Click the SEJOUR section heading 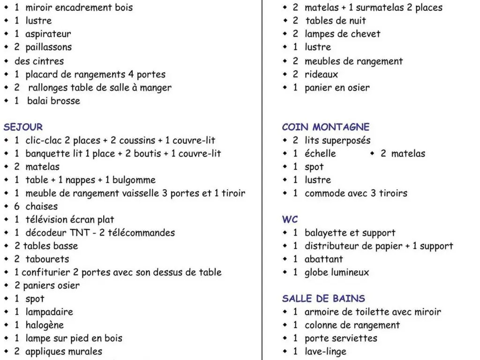click(x=23, y=127)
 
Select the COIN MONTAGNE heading click(x=326, y=127)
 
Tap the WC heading click(x=290, y=219)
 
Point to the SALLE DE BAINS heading click(x=323, y=299)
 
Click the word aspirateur click(x=48, y=34)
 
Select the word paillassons click(x=48, y=47)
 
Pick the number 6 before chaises click(x=17, y=206)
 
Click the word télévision click(x=45, y=219)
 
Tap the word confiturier click(x=45, y=272)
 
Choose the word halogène click(x=45, y=325)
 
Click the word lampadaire click(x=49, y=312)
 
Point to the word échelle click(x=320, y=153)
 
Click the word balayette click(x=326, y=233)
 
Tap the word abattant click(x=324, y=259)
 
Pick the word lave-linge click(x=325, y=352)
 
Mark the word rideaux click(x=321, y=74)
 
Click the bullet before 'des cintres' click(x=6, y=61)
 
